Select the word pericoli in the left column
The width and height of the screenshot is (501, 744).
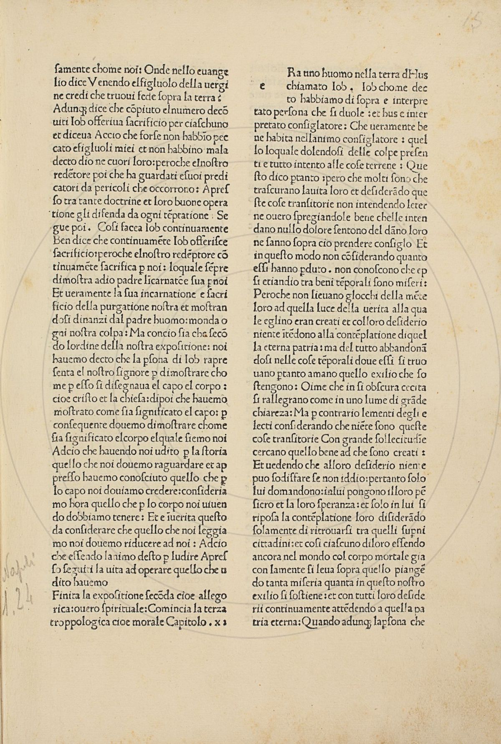coord(94,190)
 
